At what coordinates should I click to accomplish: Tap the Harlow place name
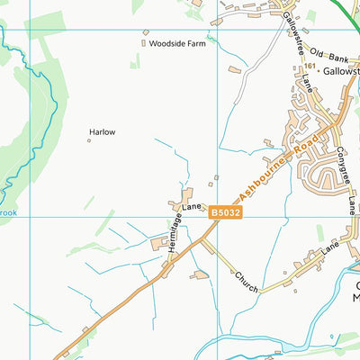pyautogui.click(x=102, y=132)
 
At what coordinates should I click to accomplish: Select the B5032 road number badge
pyautogui.click(x=225, y=212)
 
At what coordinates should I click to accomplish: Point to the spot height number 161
pyautogui.click(x=310, y=67)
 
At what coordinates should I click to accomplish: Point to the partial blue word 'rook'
pyautogui.click(x=8, y=213)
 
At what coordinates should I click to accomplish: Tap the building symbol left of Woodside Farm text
pyautogui.click(x=144, y=42)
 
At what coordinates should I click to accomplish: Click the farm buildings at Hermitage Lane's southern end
pyautogui.click(x=163, y=243)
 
